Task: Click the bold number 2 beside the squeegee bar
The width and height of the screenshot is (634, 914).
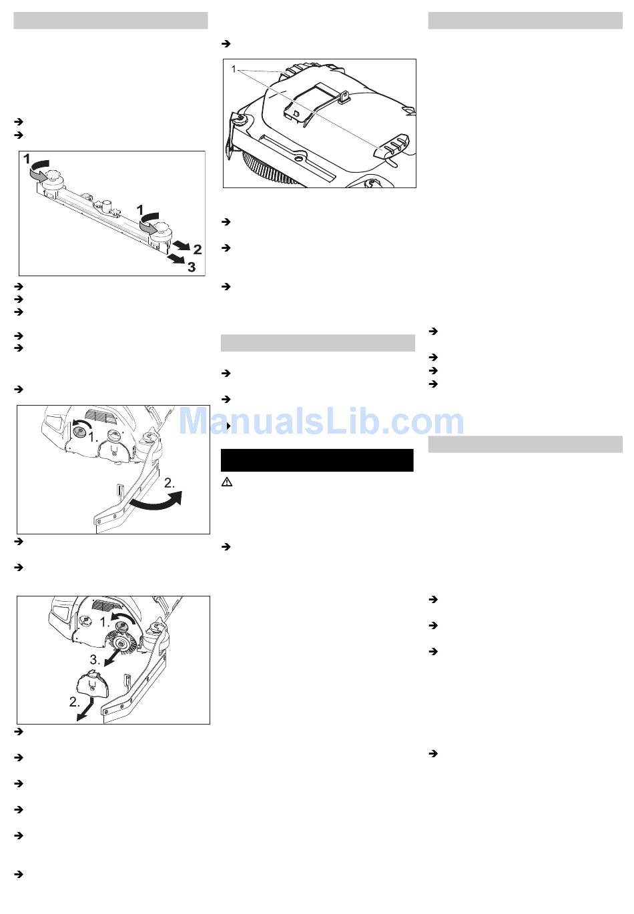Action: point(197,249)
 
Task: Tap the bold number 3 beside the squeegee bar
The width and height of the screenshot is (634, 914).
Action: point(192,268)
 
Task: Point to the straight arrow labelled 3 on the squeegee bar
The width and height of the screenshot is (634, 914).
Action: point(178,258)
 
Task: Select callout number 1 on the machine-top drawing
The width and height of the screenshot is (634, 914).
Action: point(234,69)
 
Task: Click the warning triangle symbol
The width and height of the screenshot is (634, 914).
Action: point(227,482)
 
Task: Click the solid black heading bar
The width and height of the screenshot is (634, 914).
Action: point(317,460)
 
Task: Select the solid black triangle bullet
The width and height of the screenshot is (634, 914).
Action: point(228,426)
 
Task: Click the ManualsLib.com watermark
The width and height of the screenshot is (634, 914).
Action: point(321,421)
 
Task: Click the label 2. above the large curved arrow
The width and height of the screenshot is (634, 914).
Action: point(170,483)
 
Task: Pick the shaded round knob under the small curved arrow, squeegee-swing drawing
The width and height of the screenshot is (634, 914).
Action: point(79,430)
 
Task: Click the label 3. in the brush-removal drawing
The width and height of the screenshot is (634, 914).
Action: point(95,660)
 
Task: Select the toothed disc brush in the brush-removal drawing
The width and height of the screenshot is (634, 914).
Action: point(121,644)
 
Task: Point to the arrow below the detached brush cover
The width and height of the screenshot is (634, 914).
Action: point(85,709)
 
